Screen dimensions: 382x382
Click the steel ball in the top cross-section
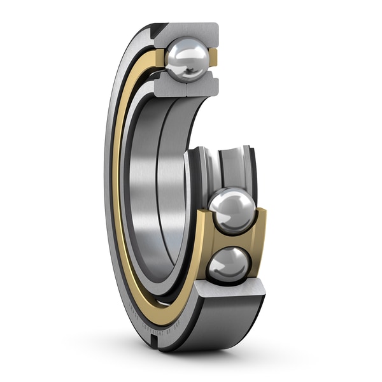point(187,59)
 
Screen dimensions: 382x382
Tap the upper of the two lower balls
point(232,211)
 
